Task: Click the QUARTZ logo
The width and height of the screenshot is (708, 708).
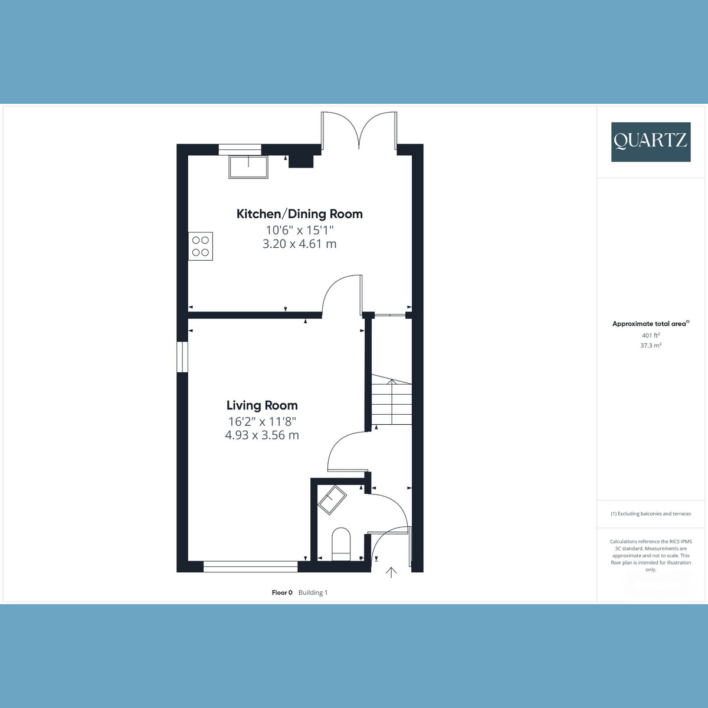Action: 651,142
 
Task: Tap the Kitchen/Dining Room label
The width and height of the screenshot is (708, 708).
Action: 300,214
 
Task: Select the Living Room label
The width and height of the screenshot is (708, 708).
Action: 262,405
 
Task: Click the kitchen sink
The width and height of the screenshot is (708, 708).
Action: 248,167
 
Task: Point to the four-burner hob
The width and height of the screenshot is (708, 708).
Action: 201,246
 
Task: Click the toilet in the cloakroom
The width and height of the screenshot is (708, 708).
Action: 341,545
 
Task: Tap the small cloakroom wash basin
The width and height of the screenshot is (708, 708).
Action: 332,500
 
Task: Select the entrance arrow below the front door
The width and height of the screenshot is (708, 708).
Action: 391,572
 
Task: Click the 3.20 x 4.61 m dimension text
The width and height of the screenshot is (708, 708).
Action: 300,244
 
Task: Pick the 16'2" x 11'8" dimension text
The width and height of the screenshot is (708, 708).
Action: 262,421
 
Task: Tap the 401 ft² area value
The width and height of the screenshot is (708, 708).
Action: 651,335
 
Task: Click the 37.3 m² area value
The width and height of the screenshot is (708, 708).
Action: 651,345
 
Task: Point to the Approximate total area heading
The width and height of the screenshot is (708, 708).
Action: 651,324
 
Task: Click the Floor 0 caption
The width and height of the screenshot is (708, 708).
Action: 282,592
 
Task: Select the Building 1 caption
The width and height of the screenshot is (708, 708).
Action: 313,592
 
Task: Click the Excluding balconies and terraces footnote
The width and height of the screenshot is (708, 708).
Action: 651,514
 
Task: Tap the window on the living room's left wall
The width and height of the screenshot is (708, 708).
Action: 182,357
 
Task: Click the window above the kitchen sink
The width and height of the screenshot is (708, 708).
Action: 240,149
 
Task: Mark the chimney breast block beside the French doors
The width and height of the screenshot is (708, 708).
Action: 301,161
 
